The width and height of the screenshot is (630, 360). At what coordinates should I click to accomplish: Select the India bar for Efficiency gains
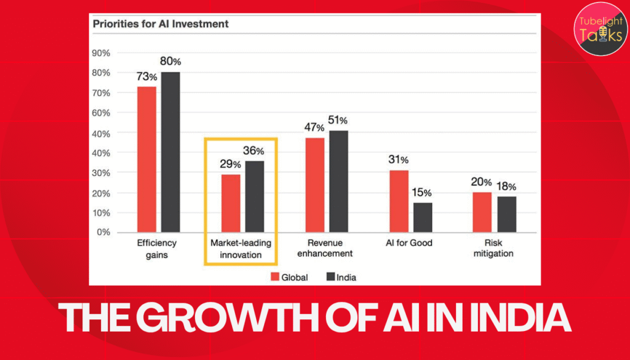(170, 152)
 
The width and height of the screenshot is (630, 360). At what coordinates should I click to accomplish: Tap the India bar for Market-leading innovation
(254, 196)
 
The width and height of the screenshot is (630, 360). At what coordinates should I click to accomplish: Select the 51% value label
(338, 120)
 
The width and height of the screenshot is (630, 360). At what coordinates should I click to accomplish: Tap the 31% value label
(398, 160)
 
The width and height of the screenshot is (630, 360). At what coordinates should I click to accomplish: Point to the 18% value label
(506, 186)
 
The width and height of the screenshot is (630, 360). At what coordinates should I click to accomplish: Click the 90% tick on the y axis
(101, 53)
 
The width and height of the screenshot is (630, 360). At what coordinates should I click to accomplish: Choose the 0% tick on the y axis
(103, 233)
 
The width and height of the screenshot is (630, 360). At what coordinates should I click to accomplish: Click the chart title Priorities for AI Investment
(161, 25)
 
